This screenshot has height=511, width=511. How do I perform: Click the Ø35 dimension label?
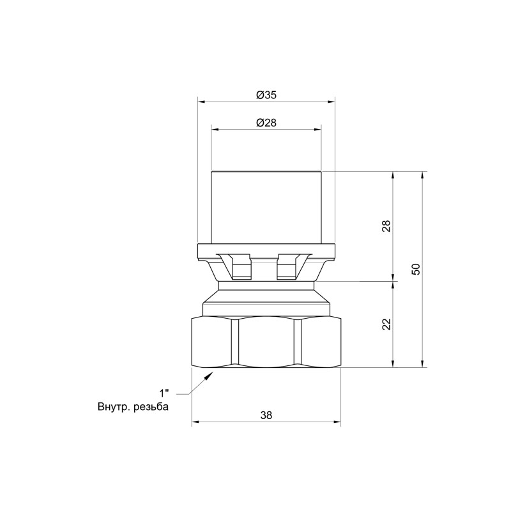(266, 94)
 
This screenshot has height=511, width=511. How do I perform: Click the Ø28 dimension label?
(266, 123)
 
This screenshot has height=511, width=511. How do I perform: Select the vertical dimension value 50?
(416, 269)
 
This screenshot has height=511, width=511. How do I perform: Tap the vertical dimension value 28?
(386, 225)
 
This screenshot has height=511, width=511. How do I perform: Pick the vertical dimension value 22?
(386, 324)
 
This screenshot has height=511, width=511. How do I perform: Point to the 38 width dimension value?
(266, 415)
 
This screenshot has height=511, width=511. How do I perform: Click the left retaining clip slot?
(240, 266)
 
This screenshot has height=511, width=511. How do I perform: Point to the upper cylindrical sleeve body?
(266, 208)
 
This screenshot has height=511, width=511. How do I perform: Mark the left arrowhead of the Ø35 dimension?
(201, 101)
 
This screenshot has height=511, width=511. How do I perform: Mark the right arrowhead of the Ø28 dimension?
(317, 130)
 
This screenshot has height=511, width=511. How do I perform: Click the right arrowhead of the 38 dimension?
(337, 422)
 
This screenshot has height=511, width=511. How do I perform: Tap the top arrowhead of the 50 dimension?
(423, 176)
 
